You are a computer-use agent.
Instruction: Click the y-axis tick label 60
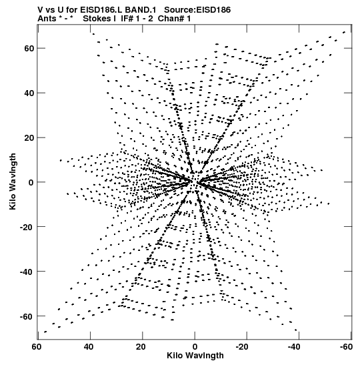29,49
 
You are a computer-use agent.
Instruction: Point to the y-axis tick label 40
29,93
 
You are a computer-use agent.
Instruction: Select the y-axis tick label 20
29,138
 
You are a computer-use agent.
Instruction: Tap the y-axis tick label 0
31,183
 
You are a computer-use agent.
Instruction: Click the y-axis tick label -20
27,227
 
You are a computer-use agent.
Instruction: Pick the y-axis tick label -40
27,272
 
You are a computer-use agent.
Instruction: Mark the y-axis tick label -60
27,316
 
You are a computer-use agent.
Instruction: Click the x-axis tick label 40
89,347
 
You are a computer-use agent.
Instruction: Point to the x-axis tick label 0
195,347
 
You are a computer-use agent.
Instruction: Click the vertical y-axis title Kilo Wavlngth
13,181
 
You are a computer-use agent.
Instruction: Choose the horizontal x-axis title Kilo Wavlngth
195,356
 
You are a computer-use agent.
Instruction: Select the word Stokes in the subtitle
97,19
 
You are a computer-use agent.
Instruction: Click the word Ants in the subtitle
47,19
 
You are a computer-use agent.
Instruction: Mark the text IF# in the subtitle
127,19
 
